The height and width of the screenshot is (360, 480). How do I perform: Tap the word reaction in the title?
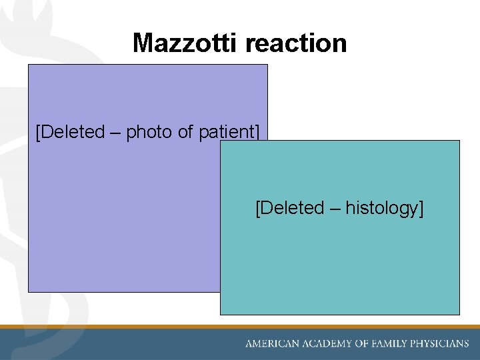pyautogui.click(x=296, y=43)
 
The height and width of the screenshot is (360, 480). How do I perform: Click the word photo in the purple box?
pyautogui.click(x=149, y=133)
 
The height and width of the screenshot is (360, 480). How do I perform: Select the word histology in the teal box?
pyautogui.click(x=383, y=209)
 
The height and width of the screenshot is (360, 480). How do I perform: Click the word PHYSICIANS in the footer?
pyautogui.click(x=444, y=344)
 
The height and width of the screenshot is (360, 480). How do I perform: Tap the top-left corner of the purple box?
pyautogui.click(x=28, y=65)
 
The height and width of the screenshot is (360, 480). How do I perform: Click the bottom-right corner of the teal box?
pyautogui.click(x=459, y=314)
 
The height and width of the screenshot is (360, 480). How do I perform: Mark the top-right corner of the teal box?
pyautogui.click(x=459, y=141)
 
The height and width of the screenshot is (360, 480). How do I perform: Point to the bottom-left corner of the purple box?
pyautogui.click(x=28, y=291)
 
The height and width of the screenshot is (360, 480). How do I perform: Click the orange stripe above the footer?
pyautogui.click(x=240, y=327)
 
